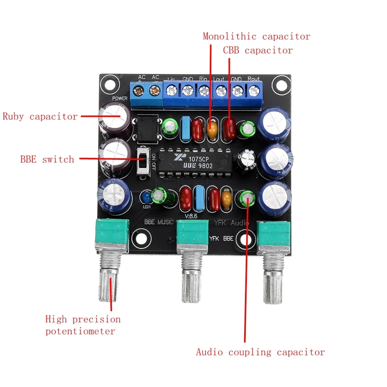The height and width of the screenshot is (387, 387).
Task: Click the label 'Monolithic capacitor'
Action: (x=256, y=37)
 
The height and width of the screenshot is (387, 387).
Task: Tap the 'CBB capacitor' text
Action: (x=258, y=51)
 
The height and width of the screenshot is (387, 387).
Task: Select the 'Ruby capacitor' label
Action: (x=40, y=117)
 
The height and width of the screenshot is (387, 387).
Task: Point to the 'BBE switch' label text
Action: (x=47, y=159)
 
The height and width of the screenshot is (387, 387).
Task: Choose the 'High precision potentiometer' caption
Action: (x=83, y=325)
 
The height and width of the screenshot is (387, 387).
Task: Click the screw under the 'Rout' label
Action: (x=254, y=91)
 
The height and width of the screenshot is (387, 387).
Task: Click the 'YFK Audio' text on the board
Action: (x=231, y=223)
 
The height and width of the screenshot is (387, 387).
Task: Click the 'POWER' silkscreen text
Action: (x=120, y=99)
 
